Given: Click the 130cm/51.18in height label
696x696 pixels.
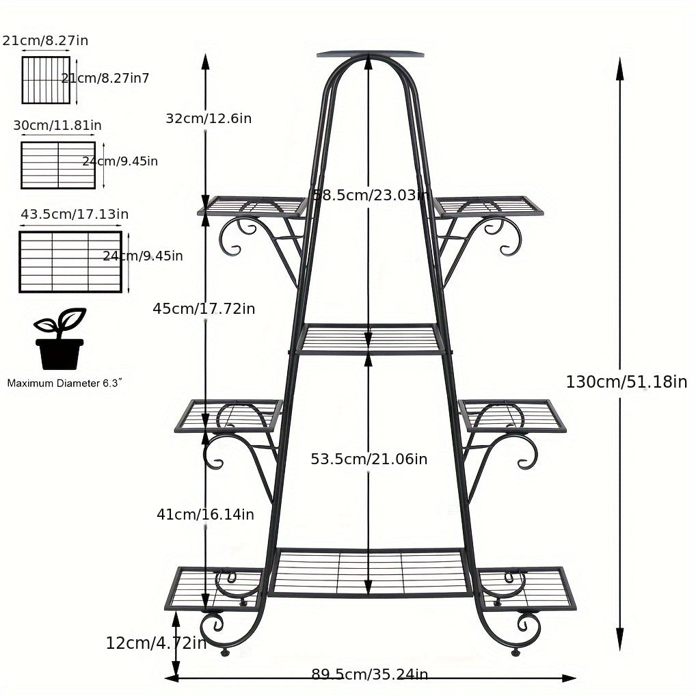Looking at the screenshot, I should [x=626, y=382].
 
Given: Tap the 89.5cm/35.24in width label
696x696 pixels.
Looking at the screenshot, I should [x=370, y=675].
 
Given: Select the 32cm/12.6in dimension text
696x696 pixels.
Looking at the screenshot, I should [x=209, y=118].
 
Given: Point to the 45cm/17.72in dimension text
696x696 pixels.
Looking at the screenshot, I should [x=204, y=309].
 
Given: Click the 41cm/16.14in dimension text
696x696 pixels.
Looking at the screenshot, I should [x=205, y=514].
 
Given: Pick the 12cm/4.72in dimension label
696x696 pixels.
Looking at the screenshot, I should [x=156, y=643].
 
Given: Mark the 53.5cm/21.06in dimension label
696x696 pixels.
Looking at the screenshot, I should [x=369, y=459].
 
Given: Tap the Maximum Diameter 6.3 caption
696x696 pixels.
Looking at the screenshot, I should [x=64, y=384].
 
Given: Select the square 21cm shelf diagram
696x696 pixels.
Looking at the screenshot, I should [x=46, y=80].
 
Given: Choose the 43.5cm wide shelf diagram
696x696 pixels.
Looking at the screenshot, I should [x=70, y=262].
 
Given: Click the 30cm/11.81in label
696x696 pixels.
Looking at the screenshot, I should [x=57, y=125].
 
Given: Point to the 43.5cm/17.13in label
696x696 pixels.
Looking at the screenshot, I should [x=75, y=215].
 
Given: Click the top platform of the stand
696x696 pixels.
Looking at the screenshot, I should [x=370, y=53].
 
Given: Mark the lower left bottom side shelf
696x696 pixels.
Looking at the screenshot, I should [x=213, y=588].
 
